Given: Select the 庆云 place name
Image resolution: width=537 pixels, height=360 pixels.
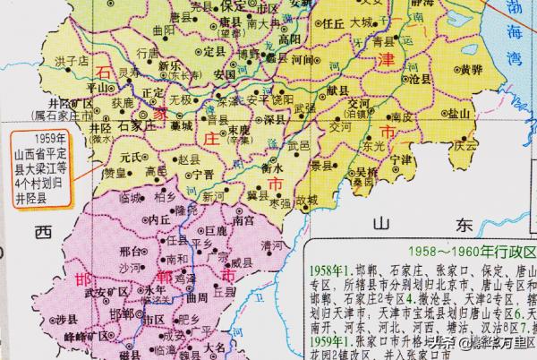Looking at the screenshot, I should coord(465,144).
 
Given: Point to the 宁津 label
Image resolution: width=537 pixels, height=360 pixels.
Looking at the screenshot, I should coord(402,160).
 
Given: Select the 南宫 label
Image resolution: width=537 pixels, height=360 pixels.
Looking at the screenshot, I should coord(243,219).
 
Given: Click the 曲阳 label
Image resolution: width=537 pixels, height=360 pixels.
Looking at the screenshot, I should coord(163,30).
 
